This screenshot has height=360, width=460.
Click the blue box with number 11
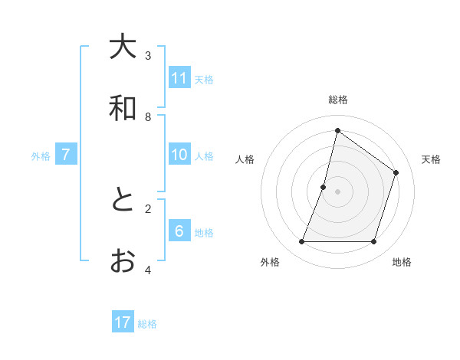[179, 78]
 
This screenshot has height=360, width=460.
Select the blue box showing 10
[179, 155]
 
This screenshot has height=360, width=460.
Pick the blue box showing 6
[179, 232]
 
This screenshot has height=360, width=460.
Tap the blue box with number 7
[66, 155]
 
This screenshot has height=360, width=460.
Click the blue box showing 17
[123, 322]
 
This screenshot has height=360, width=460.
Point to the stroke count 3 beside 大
[148, 56]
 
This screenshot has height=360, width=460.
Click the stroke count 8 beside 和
[148, 117]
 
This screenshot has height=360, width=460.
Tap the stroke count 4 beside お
[148, 270]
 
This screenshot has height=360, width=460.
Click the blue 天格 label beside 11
[204, 79]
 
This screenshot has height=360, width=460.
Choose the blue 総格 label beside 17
[147, 324]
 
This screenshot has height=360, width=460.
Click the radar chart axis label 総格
[338, 100]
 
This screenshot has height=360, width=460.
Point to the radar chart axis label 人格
[245, 159]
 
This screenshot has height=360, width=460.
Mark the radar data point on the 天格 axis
[396, 172]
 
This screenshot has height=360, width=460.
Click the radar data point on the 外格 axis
[301, 242]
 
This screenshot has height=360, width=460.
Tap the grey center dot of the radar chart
[338, 191]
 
